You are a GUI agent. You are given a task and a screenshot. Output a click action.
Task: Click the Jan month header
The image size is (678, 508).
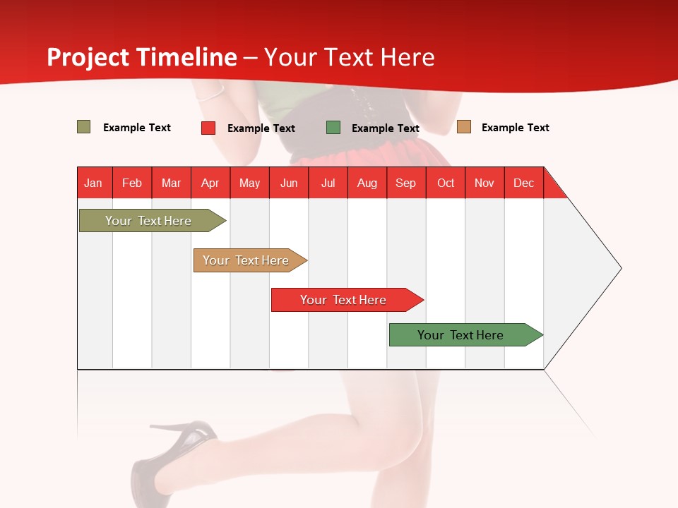click(94, 183)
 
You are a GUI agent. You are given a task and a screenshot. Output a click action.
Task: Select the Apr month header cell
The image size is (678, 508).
click(210, 183)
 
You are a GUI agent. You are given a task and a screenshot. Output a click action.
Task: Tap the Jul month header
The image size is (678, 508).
click(328, 183)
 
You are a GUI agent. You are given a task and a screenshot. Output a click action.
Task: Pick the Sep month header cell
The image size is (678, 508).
click(406, 183)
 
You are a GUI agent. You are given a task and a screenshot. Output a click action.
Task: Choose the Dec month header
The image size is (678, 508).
click(523, 183)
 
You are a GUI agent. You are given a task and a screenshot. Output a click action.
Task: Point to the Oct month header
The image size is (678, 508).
click(446, 183)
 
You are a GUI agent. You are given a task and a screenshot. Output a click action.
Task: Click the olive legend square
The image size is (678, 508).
click(84, 127)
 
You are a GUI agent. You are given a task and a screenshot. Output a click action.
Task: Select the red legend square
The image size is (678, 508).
click(208, 128)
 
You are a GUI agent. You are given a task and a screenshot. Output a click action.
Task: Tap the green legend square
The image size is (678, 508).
click(333, 128)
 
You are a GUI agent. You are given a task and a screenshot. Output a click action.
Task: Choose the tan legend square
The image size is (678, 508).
click(464, 127)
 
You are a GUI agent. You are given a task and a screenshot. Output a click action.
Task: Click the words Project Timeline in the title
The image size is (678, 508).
click(141, 57)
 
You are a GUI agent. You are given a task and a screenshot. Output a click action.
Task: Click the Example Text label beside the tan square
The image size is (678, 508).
click(515, 128)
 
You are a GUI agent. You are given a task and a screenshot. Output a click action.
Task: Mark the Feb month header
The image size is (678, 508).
click(132, 183)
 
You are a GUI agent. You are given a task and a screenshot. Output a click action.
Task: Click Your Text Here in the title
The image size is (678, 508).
click(349, 57)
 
